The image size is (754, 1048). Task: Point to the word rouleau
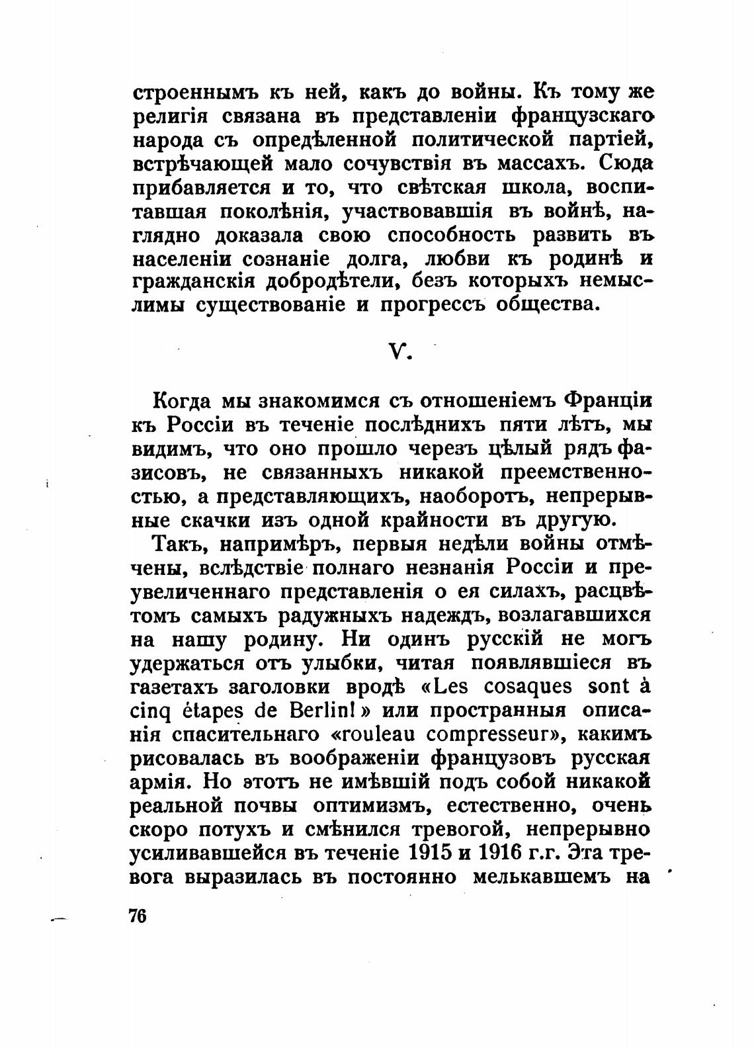(378, 734)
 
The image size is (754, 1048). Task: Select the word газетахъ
(175, 687)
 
